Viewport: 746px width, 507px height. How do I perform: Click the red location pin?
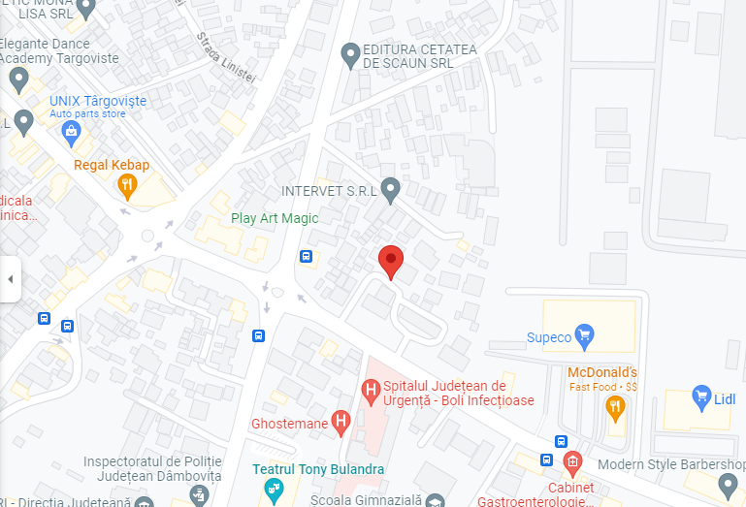[390, 260]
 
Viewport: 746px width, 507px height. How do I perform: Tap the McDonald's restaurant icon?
[614, 408]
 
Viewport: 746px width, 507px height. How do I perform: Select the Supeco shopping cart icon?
[584, 337]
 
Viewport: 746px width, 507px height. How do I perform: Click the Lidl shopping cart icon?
[702, 396]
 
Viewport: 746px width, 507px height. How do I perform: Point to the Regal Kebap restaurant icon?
[126, 184]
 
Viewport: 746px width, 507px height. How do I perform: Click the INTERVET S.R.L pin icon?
[390, 190]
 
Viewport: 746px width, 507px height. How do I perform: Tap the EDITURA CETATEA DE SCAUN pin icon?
[351, 56]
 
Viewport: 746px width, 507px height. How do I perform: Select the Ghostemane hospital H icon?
[341, 422]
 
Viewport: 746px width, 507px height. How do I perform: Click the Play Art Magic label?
[275, 218]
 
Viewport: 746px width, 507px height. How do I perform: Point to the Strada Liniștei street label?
[225, 57]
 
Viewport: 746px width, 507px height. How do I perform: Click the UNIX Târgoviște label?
[98, 101]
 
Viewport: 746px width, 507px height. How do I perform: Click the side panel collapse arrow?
[10, 279]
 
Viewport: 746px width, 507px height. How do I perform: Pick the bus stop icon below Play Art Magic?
[306, 257]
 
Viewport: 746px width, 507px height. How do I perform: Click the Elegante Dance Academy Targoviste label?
[58, 50]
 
